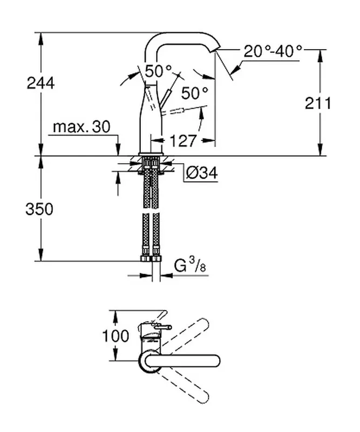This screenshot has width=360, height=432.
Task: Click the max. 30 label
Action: coord(81,127)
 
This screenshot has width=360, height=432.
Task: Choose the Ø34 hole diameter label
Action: coord(201,173)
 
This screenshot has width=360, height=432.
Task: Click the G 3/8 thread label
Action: coord(189,266)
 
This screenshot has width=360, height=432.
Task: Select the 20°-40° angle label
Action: coord(272,52)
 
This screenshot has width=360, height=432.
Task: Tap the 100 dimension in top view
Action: coord(115,336)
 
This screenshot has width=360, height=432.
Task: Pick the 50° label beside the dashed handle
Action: coord(193,93)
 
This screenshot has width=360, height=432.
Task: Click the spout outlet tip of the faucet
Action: coord(216,50)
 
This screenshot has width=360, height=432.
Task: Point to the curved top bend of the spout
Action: coord(162,38)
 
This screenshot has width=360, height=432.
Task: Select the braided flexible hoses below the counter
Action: coord(151,211)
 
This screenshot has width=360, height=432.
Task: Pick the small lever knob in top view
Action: coord(161,326)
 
